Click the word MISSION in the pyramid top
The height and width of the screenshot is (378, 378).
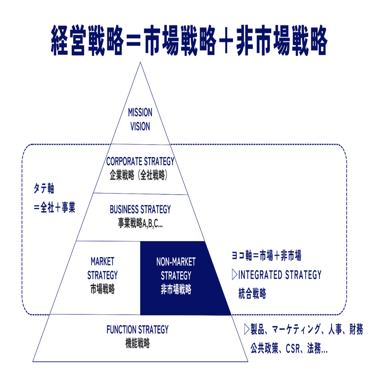(140, 112)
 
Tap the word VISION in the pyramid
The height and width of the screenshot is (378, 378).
(140, 126)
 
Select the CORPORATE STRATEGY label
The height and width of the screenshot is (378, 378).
(140, 161)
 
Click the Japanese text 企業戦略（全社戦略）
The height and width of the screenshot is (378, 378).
(139, 175)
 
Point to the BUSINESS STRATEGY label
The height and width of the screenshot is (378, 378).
(140, 209)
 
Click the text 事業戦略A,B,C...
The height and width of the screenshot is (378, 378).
(140, 223)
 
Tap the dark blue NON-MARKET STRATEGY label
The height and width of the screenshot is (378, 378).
(176, 269)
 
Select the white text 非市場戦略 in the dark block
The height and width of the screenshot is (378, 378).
(176, 289)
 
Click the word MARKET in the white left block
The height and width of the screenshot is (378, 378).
(102, 261)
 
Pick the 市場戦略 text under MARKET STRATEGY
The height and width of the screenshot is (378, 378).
(102, 289)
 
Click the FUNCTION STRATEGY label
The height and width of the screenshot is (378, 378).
(137, 330)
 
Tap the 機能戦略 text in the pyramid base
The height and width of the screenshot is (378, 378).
(137, 343)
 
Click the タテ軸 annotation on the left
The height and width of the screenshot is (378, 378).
(44, 188)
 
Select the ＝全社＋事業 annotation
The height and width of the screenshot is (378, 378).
(55, 207)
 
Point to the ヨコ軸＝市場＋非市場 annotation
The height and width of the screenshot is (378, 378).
(266, 255)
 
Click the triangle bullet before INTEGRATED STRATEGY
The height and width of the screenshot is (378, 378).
(234, 274)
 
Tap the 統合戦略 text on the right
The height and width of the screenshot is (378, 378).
(252, 293)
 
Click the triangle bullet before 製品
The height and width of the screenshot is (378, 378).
(247, 329)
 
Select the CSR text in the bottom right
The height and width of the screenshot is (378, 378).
(293, 349)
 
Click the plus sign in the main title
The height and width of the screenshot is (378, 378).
(226, 40)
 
